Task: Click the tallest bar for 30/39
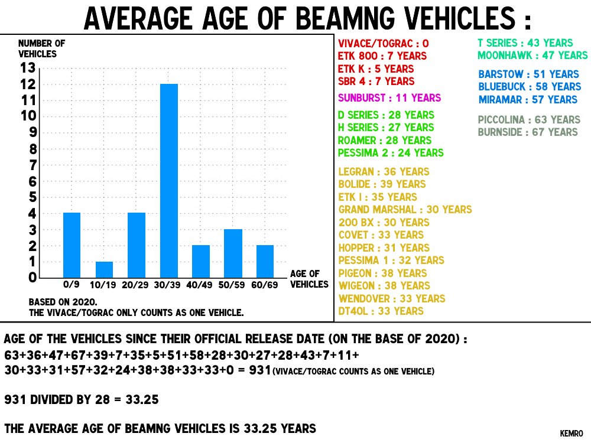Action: coord(168,181)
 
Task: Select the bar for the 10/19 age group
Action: coord(104,270)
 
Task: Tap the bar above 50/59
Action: coord(233,253)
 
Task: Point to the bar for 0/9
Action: coord(72,245)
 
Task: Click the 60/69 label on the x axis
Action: coord(265,285)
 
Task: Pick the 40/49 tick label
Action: coord(200,285)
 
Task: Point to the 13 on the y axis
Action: coord(28,68)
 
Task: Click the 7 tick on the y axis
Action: coord(32,165)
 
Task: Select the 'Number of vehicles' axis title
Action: coord(41,48)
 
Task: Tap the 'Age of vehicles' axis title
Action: coord(309,279)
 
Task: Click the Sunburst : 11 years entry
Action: coord(389,97)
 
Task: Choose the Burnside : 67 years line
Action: coord(528,132)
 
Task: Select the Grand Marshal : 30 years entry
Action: coord(405,209)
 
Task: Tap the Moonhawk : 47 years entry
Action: coord(532,56)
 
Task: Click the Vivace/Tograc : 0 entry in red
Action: coord(384,43)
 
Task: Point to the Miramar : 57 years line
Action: coord(528,99)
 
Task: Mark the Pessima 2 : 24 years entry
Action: coord(391,152)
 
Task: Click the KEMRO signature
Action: coord(571,434)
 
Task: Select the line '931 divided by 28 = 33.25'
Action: coord(82,400)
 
